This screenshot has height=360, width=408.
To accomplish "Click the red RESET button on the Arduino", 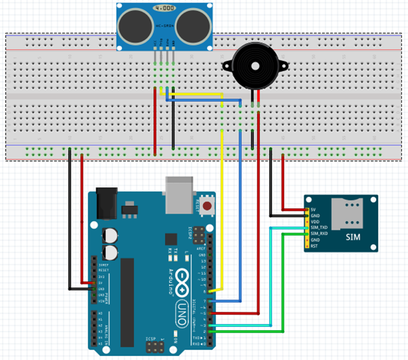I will [x=207, y=204].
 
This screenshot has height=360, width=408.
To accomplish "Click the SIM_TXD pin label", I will [x=319, y=227].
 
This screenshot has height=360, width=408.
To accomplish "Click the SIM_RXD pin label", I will [x=319, y=233].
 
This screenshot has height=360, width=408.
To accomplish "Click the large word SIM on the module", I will [x=352, y=237].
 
